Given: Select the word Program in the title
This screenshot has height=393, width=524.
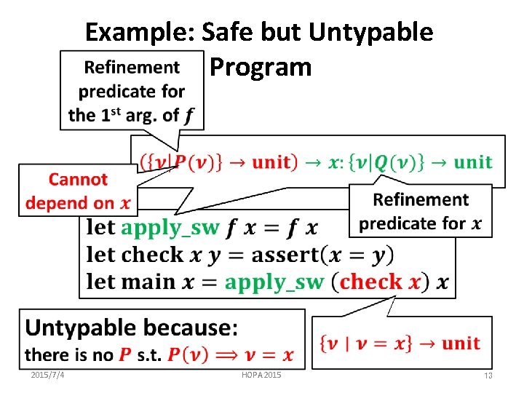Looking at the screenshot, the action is click(261, 67).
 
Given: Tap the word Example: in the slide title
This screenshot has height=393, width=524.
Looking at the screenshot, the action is click(138, 32).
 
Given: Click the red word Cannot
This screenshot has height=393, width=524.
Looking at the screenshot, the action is click(78, 179).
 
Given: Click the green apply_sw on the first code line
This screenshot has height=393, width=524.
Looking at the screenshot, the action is click(170, 227).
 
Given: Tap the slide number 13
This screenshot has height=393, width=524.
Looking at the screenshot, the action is click(488, 375).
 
